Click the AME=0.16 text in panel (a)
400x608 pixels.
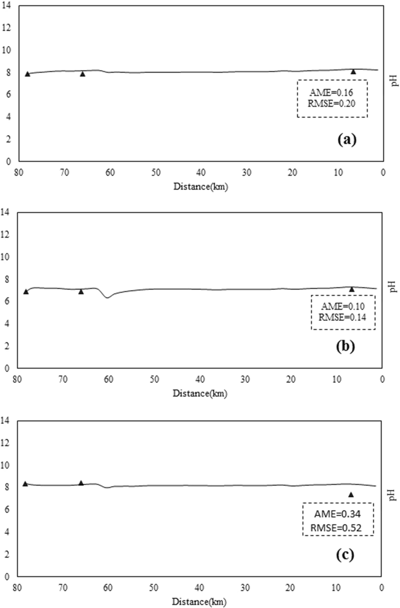(x=331, y=93)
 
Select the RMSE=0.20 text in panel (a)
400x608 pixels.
(x=331, y=104)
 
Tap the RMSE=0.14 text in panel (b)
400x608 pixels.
(x=342, y=317)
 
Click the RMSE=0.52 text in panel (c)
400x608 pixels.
(x=336, y=528)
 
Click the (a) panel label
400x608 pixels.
(x=347, y=140)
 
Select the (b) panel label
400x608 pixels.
(x=345, y=347)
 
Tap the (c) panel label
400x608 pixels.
(x=345, y=555)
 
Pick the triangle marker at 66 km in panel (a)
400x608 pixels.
(x=82, y=74)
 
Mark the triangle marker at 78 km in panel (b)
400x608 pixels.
(x=26, y=292)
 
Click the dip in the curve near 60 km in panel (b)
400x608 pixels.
(x=107, y=297)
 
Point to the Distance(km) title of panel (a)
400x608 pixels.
(x=201, y=186)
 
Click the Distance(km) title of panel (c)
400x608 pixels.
(x=199, y=602)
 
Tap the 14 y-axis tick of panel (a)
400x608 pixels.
(x=6, y=5)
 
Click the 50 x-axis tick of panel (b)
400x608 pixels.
(x=154, y=379)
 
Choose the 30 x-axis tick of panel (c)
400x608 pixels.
(x=245, y=588)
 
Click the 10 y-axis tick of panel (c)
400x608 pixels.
(x=6, y=465)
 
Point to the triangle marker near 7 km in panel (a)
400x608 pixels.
(x=353, y=72)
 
